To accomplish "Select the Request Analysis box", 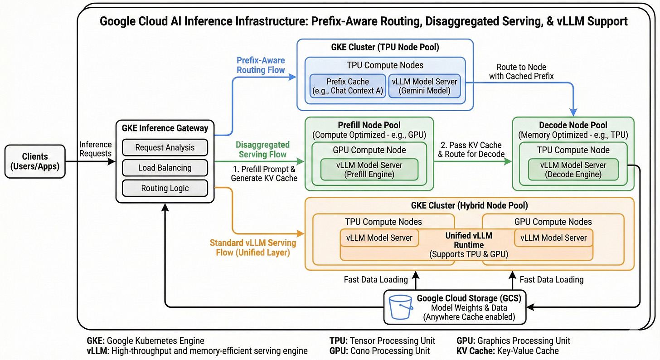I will [x=165, y=147].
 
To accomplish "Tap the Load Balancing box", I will [x=165, y=168].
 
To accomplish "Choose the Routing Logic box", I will [x=165, y=188].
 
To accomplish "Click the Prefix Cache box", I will [x=348, y=86].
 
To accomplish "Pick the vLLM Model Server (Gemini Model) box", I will [x=425, y=86].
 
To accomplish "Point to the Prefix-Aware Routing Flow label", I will [x=261, y=65].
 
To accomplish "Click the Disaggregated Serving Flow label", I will [x=262, y=149].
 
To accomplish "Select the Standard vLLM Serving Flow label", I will [x=253, y=248].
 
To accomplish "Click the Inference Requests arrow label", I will [x=95, y=149].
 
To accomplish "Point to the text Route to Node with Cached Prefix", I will [x=521, y=71].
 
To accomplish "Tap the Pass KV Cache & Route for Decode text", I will [x=471, y=149].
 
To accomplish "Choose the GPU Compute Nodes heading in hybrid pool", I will [x=553, y=222].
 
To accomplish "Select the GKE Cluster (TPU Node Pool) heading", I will [x=385, y=47].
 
